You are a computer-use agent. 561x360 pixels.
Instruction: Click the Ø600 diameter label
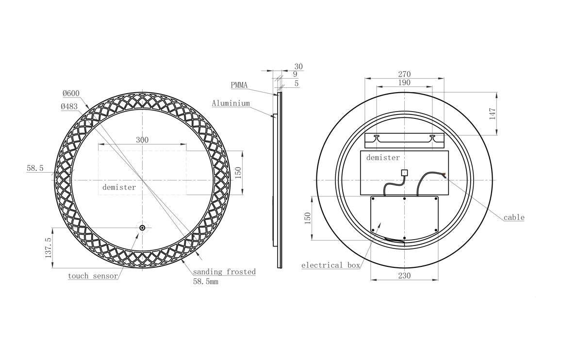(x=71, y=94)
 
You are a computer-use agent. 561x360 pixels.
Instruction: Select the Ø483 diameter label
(x=69, y=106)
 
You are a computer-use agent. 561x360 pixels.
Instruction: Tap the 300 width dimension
(x=142, y=140)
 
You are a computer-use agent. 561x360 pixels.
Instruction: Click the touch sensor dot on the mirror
(x=142, y=228)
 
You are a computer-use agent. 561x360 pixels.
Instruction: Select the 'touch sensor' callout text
(x=93, y=276)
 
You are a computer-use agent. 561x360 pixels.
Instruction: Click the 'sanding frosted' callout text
(x=224, y=272)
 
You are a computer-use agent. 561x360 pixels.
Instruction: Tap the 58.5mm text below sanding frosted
(x=206, y=281)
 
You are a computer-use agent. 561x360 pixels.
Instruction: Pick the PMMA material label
(x=239, y=85)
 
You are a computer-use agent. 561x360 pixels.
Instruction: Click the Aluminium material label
(x=231, y=103)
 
